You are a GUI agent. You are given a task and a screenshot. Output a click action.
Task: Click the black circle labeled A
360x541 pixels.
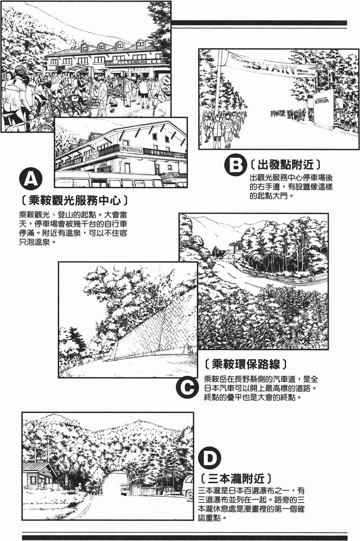[30, 178]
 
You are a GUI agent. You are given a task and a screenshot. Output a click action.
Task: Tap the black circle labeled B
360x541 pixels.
[234, 165]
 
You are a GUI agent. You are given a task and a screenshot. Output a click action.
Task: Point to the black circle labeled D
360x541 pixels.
[210, 458]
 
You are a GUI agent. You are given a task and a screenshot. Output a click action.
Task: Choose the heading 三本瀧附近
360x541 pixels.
[236, 479]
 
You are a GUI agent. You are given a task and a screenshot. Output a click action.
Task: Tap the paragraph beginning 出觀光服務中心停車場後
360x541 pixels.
[291, 187]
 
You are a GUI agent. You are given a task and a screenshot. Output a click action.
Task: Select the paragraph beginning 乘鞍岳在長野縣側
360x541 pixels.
[261, 388]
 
